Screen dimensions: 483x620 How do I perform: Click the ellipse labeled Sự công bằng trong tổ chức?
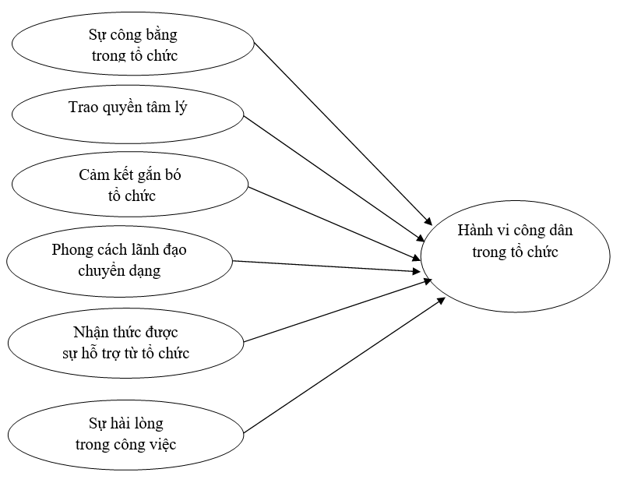132,44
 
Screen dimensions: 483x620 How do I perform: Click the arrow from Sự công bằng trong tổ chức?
343,133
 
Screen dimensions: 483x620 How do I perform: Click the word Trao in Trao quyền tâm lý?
83,108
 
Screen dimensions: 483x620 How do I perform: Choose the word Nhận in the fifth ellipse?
88,333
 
